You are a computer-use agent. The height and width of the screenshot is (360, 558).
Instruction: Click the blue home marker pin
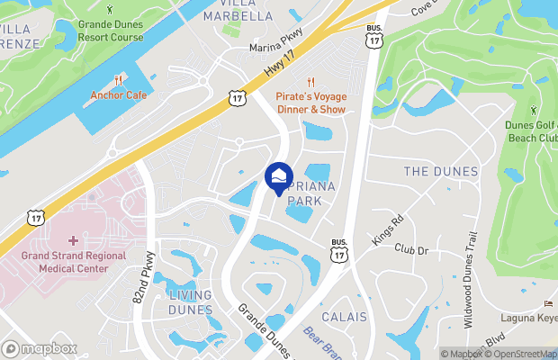(x=279, y=174)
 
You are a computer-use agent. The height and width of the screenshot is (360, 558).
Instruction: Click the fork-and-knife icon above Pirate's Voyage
(x=310, y=81)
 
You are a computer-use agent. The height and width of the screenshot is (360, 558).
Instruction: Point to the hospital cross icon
(x=71, y=241)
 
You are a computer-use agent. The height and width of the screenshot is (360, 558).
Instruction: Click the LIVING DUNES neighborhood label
(x=190, y=302)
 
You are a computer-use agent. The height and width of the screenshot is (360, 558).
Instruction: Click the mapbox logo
(x=40, y=348)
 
